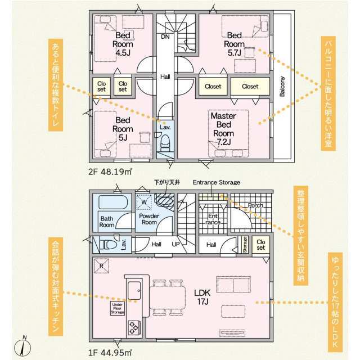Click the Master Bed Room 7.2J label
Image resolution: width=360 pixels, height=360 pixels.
coord(224,129)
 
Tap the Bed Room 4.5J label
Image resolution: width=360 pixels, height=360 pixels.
coord(123,44)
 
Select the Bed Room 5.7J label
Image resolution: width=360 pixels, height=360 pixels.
coord(234,44)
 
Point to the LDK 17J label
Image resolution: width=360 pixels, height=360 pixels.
coord(202,297)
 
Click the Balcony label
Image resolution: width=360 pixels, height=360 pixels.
coord(282,86)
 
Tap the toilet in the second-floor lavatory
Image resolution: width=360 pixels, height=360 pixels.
coord(165,142)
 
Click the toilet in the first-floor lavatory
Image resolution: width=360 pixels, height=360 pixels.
coord(108,245)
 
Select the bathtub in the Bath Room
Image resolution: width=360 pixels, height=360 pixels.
coord(112,202)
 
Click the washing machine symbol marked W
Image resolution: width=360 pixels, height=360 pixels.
coord(144,202)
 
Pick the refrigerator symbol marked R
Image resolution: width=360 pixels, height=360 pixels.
coord(101,266)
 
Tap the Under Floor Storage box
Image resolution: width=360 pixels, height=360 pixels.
coord(118,308)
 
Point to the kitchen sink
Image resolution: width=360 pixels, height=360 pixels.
coord(134,291)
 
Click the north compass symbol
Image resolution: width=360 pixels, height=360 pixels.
coord(22,347)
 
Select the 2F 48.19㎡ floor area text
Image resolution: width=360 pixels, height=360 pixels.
coord(110,172)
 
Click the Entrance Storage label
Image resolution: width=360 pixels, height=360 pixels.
coord(216,182)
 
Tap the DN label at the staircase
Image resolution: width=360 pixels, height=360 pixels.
coord(165,37)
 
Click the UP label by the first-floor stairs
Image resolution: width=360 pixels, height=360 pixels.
coord(175,244)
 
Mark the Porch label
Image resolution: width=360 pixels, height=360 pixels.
coord(255,205)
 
